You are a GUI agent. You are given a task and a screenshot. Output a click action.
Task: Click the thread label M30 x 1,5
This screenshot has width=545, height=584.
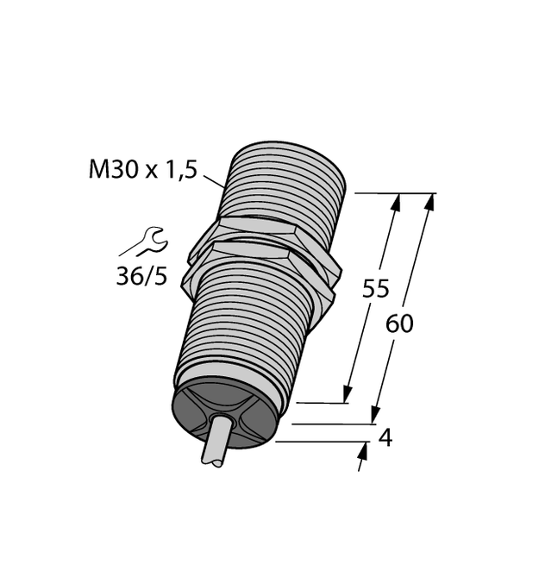143,169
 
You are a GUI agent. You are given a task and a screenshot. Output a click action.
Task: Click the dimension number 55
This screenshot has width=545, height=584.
375,289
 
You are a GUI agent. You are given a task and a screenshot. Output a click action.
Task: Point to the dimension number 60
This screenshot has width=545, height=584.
399,324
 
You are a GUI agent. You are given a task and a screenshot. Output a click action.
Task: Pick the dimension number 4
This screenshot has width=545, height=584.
385,438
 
